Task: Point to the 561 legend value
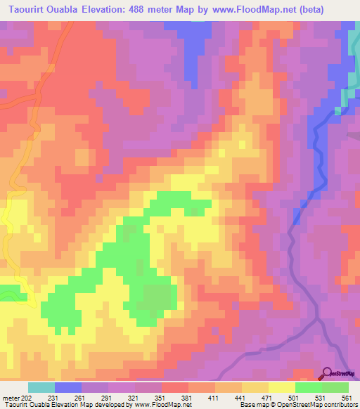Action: (x=347, y=397)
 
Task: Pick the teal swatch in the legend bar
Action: (x=41, y=387)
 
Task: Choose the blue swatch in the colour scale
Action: (x=68, y=387)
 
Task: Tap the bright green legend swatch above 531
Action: (x=309, y=387)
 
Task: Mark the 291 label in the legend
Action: (x=108, y=397)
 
